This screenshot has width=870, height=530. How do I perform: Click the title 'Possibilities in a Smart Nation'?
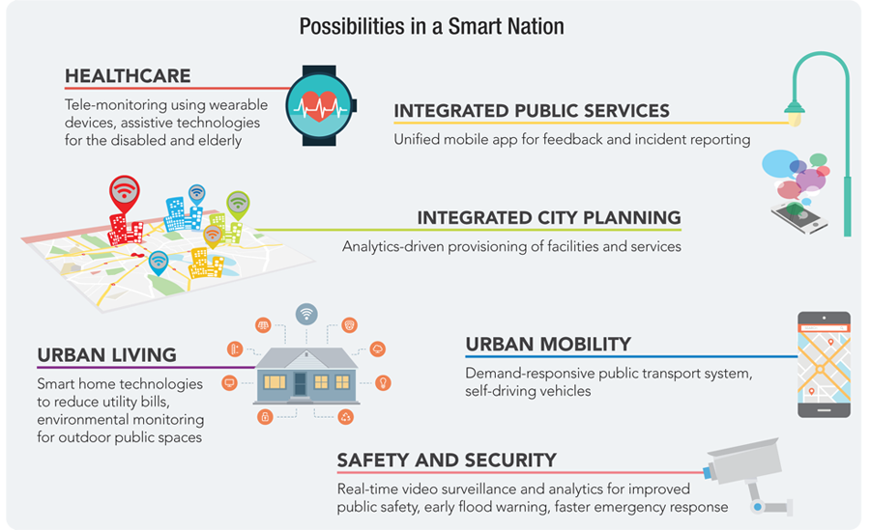[x=432, y=27]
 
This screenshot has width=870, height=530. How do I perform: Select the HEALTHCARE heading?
[x=128, y=76]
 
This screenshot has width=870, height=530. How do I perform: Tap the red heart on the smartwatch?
[x=319, y=105]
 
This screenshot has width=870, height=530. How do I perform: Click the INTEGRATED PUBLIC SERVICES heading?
[x=532, y=111]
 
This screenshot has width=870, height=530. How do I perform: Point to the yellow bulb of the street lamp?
[x=795, y=118]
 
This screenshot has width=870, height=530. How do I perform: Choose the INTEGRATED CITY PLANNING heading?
[x=549, y=218]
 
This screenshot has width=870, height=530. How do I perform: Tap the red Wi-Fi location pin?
[x=125, y=193]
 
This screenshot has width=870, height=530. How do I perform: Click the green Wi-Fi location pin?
[x=238, y=205]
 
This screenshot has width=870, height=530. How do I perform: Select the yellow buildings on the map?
[x=206, y=264]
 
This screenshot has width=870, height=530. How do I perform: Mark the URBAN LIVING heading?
[x=106, y=355]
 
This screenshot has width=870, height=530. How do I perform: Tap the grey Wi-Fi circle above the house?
[x=306, y=315]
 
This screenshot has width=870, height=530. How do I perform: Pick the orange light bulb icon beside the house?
[x=383, y=382]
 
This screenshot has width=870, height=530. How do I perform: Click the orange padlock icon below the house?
[x=265, y=416]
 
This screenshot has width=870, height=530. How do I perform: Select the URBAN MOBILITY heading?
[x=548, y=345]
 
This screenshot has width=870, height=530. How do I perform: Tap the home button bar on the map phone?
[x=824, y=410]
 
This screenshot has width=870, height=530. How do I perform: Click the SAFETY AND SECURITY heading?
[x=447, y=460]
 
